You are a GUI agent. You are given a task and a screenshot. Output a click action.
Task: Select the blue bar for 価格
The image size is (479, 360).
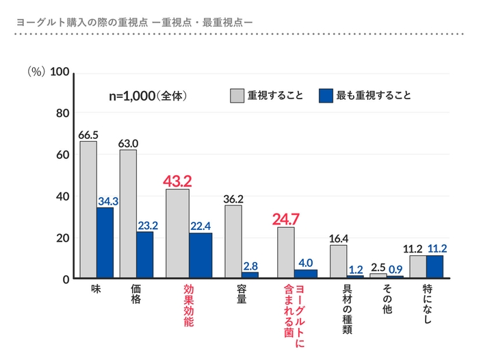click(x=145, y=254)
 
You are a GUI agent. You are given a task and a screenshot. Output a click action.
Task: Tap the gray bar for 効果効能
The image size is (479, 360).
click(x=178, y=233)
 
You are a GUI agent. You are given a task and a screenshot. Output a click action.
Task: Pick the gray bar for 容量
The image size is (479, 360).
click(x=233, y=240)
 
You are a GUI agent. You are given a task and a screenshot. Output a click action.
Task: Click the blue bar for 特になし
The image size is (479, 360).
click(x=435, y=266)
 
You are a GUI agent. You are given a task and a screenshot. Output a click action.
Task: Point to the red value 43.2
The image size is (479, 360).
click(x=177, y=181)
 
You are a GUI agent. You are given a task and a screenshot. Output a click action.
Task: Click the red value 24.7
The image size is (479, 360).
click(x=286, y=219)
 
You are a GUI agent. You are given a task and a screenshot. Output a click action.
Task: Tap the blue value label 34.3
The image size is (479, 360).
click(x=108, y=201)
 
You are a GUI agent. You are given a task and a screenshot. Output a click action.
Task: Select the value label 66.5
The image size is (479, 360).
click(x=88, y=134)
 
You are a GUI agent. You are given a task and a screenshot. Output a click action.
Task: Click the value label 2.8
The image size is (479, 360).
click(x=250, y=266)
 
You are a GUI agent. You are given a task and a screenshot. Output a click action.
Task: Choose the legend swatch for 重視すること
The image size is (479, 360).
click(x=237, y=96)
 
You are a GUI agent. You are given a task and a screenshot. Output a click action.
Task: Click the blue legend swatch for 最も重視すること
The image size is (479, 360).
click(x=326, y=96)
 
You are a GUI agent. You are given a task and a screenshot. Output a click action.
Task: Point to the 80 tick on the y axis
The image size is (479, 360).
click(x=60, y=114)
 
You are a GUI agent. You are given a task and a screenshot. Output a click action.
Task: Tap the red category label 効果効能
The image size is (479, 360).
click(x=188, y=304)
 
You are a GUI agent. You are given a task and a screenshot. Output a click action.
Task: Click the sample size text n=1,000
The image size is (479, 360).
click(x=133, y=97)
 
